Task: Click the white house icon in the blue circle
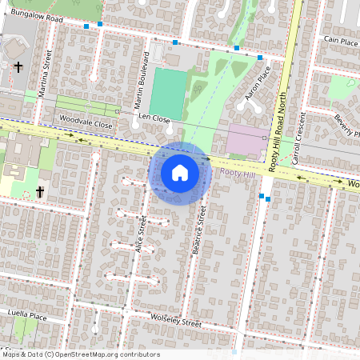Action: pos(180,173)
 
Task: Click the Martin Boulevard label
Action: pos(142,80)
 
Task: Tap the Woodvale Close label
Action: pos(85,124)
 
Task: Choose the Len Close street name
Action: pos(154,118)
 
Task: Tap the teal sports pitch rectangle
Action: pos(167,91)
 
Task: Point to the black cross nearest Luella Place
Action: pos(40,192)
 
